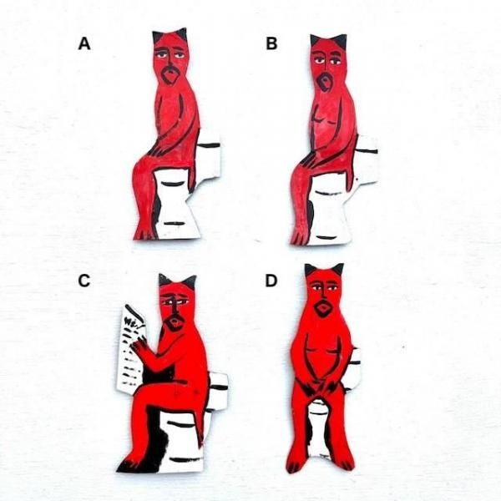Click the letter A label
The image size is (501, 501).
click(x=84, y=43)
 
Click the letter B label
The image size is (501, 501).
click(x=271, y=43)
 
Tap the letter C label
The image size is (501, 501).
click(x=84, y=281)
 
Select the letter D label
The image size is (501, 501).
click(x=271, y=281)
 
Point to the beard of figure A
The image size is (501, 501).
click(x=170, y=75)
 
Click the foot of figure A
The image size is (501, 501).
click(x=144, y=231)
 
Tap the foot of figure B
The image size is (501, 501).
click(x=300, y=235)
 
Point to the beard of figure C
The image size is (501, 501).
click(x=175, y=322)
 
